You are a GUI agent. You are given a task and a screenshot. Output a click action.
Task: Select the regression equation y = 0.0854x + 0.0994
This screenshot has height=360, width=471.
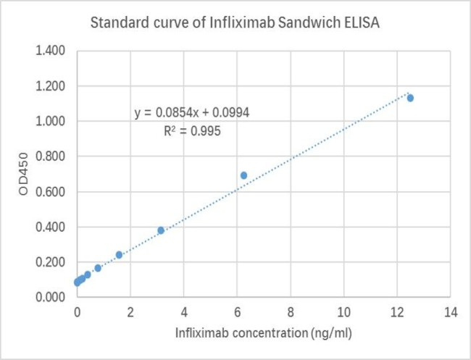pos(193,113)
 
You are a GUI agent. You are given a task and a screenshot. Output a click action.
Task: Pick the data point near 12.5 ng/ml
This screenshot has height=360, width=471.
pos(410,98)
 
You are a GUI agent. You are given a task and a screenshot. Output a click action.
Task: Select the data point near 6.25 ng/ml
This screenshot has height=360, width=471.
pos(243,175)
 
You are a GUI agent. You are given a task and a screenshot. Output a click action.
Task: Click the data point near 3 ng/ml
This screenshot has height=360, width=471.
pos(161,230)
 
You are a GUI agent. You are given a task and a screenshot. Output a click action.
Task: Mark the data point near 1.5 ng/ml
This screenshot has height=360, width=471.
pos(119,255)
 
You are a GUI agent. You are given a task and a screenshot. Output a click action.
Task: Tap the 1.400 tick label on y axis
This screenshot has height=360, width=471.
pos(51,51)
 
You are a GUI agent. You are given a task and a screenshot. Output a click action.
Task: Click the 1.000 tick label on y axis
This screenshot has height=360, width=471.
pos(51,121)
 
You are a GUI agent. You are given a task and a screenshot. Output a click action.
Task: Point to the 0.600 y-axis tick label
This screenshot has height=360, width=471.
pos(51,192)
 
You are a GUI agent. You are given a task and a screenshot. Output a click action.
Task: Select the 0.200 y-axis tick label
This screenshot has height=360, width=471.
pos(51,262)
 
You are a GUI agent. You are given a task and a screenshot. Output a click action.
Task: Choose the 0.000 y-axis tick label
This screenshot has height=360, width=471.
pos(51,297)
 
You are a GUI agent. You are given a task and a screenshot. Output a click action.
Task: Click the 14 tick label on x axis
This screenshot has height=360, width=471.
pos(450,312)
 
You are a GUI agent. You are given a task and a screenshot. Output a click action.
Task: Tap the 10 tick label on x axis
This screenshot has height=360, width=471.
pos(343,312)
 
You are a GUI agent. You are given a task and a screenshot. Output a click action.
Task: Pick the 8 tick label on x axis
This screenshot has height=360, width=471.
pos(291,312)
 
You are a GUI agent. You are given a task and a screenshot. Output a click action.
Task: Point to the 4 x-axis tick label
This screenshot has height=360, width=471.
pos(184,312)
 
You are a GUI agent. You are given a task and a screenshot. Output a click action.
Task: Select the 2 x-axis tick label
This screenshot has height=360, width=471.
pos(130,312)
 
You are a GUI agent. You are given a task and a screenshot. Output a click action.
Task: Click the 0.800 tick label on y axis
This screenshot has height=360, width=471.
pos(51,156)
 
